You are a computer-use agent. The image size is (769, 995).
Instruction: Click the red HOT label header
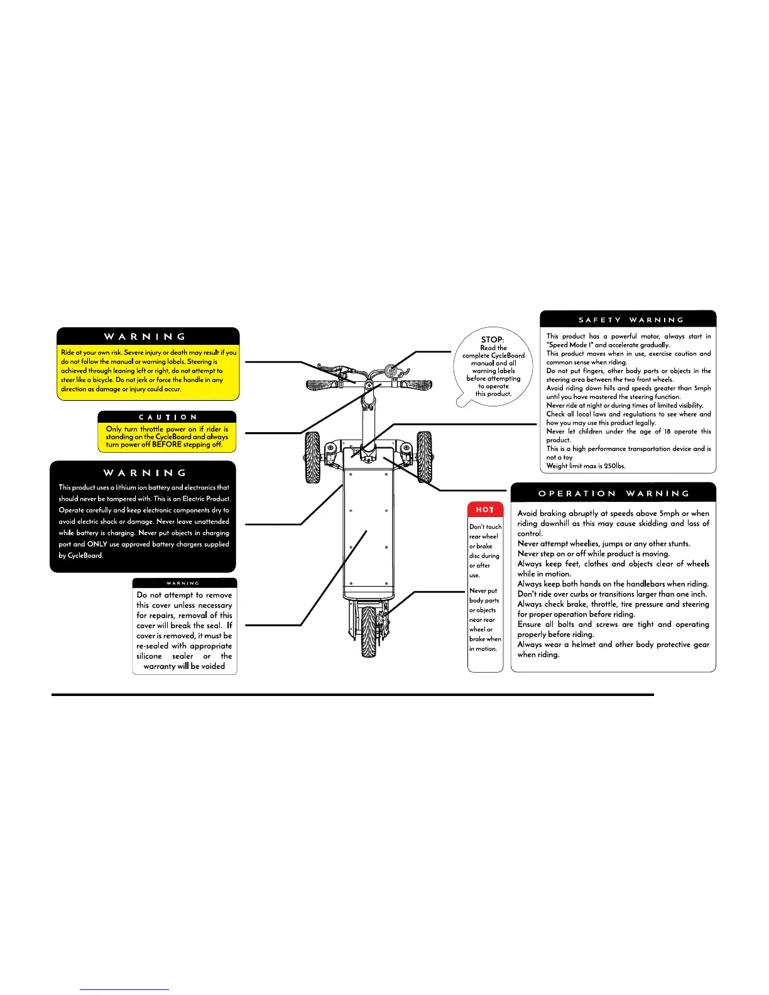[485, 509]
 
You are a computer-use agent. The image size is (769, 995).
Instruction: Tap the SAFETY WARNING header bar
[628, 320]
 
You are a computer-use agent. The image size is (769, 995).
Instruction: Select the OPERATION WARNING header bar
[613, 493]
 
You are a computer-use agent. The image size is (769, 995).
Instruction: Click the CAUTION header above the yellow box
[167, 417]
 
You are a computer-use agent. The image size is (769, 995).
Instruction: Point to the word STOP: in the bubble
[493, 339]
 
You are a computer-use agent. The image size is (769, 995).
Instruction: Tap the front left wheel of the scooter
[312, 457]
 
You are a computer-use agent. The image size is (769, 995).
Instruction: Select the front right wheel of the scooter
[425, 456]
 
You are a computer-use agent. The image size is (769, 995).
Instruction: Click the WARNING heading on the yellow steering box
[145, 337]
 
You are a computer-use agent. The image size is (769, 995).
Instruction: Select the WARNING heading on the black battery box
[145, 473]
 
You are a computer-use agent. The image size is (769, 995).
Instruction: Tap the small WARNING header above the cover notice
[183, 583]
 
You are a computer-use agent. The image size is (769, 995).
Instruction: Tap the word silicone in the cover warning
[150, 656]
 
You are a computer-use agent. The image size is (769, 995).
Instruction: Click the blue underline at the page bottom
[124, 989]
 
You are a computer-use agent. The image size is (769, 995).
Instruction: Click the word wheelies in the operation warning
[584, 543]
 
